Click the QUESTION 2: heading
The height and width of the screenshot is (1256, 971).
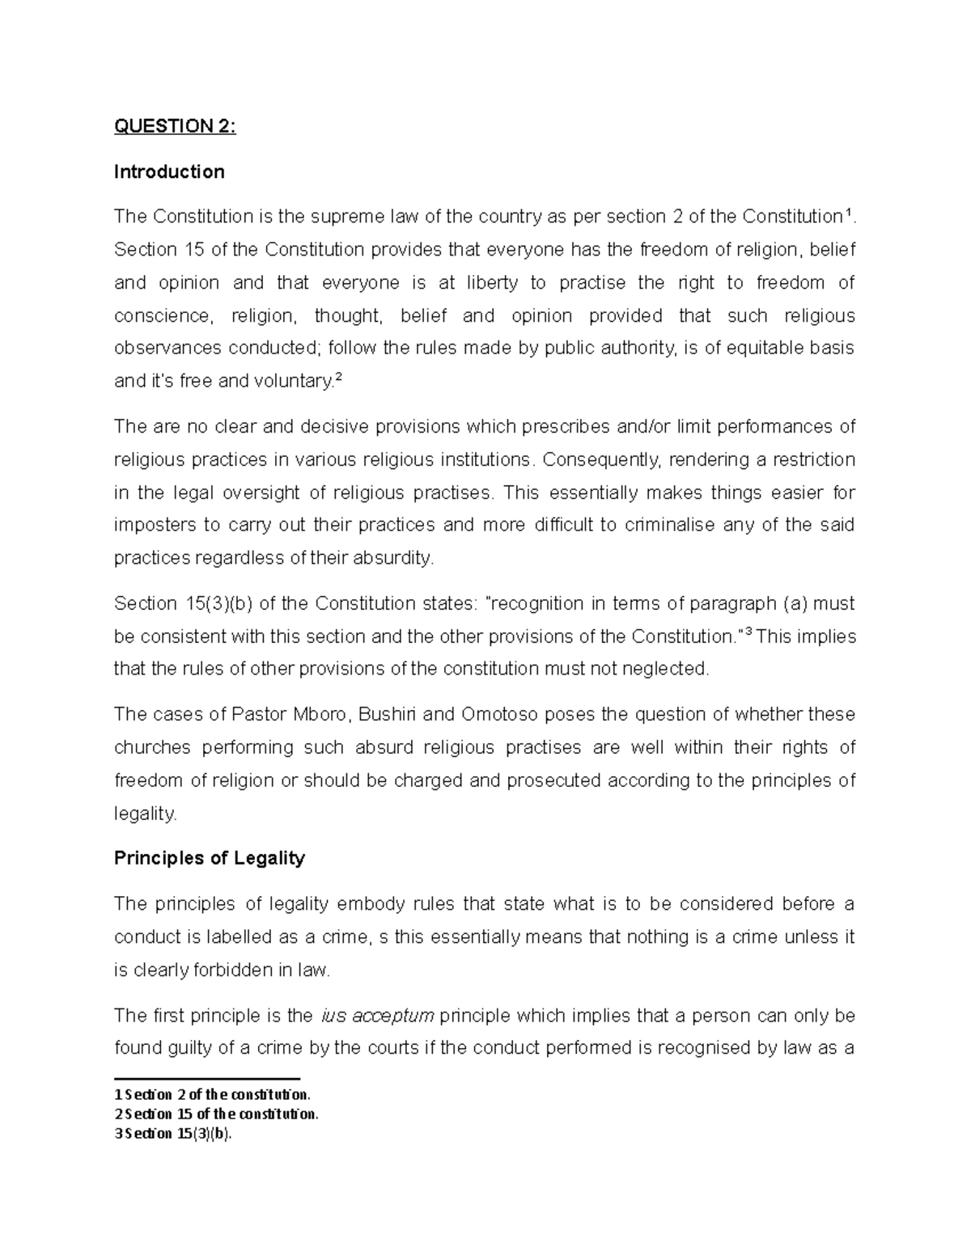(175, 126)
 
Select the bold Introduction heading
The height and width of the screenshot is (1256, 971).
(169, 171)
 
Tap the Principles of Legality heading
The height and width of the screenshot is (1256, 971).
(209, 858)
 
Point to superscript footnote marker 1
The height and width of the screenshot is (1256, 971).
(847, 213)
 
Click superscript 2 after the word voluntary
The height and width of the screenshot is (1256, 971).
(338, 377)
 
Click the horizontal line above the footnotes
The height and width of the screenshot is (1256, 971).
(207, 1078)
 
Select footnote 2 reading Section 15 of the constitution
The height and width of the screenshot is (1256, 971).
(216, 1114)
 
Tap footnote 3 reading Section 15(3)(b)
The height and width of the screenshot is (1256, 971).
(173, 1133)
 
